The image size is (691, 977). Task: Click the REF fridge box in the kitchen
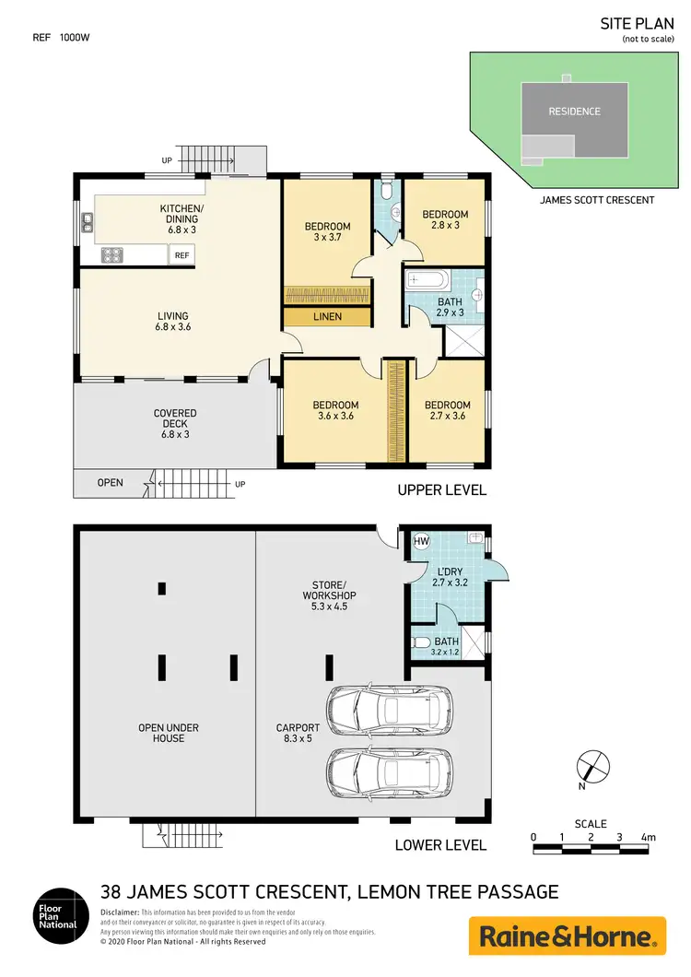pos(182,255)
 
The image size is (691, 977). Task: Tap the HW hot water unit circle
pos(422,541)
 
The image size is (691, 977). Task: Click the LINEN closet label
pos(328,317)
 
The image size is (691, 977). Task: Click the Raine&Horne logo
pos(567,936)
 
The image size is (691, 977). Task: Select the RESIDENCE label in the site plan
pos(574,112)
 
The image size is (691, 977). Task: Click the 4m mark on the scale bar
pos(650,837)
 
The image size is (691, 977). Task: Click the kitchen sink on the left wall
pos(87,221)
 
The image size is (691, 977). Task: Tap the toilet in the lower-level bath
pos(421,642)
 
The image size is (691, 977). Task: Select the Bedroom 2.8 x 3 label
pos(446,220)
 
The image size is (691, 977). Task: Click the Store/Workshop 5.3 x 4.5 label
pos(328,590)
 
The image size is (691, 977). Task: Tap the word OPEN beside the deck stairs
pos(110,482)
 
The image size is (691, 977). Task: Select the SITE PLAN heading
pos(637,25)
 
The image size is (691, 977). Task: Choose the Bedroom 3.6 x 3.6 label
pos(334,410)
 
